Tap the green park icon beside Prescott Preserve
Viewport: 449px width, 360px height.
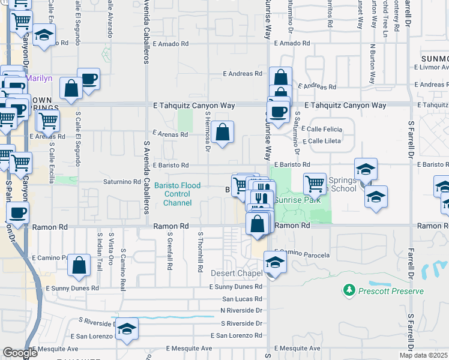[x=349, y=290]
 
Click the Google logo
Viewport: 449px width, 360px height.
[x=20, y=353]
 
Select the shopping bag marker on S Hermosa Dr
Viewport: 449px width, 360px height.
[x=222, y=133]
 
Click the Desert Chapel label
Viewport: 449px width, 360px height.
[x=237, y=274]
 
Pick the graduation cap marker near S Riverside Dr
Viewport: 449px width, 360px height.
[x=127, y=329]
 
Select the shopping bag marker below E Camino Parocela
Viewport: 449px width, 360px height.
[x=79, y=265]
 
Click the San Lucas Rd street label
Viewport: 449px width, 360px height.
[x=242, y=298]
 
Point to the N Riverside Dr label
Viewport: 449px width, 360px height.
[x=241, y=310]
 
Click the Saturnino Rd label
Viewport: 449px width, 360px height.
[x=122, y=181]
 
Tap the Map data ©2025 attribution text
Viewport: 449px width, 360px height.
[x=424, y=355]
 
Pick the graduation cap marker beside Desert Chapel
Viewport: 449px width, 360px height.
[x=275, y=262]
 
